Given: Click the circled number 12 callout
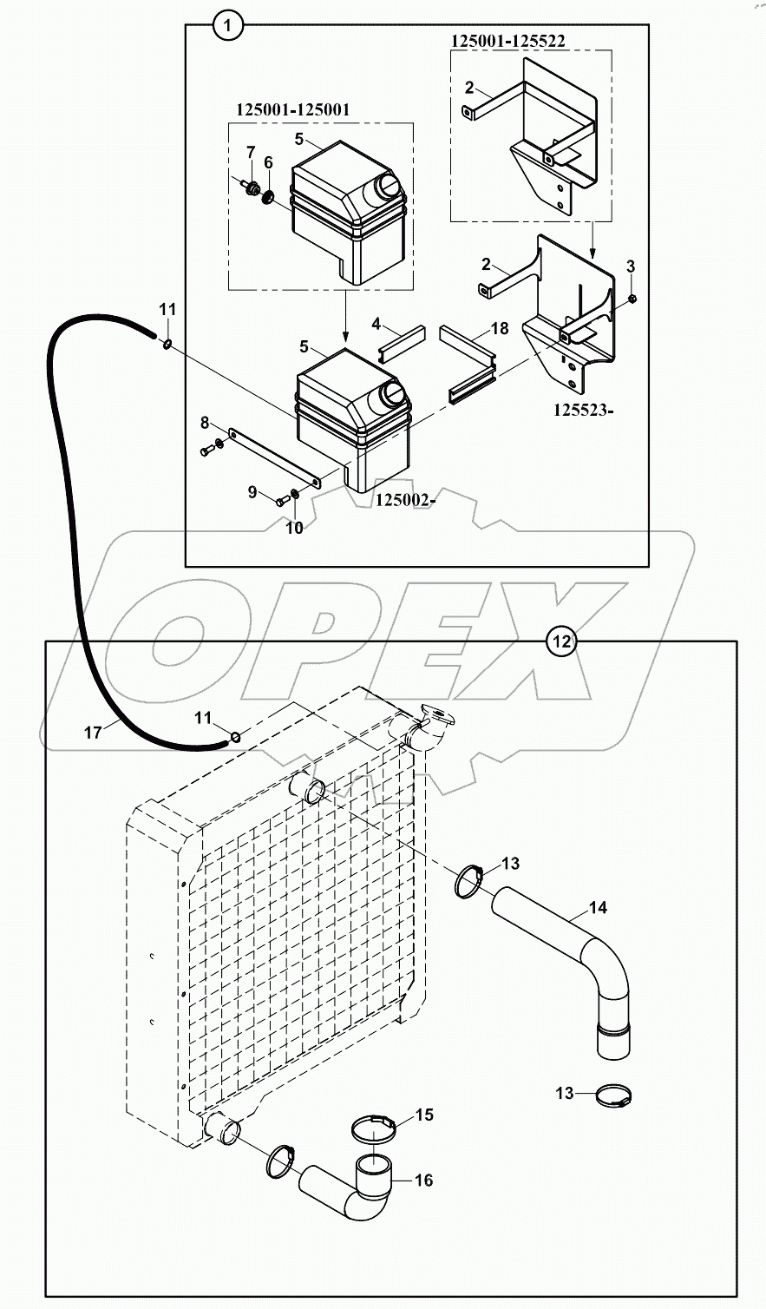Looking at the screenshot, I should click(x=561, y=641).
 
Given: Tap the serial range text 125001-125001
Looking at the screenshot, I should click(x=292, y=109).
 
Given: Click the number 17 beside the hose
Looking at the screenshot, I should click(x=93, y=733).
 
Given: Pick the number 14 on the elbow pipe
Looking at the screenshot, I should click(x=598, y=908).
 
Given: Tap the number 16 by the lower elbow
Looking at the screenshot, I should click(x=424, y=1180).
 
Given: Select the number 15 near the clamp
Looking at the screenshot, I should click(x=423, y=1114).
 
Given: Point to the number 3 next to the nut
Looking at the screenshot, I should click(x=631, y=265).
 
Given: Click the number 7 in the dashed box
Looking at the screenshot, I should click(x=250, y=154).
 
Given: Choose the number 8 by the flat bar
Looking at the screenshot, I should click(x=205, y=423).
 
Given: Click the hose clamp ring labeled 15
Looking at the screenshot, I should click(x=374, y=1129).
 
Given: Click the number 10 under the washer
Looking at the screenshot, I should click(x=295, y=527).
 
